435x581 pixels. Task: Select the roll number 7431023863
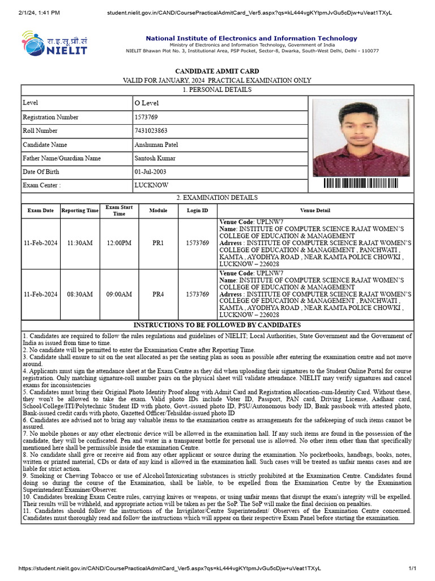pos(151,131)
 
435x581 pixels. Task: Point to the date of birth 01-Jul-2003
pos(150,172)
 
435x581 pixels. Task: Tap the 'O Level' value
pos(147,103)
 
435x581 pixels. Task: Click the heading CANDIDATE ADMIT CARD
pos(217,71)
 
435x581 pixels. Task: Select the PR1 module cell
pos(158,243)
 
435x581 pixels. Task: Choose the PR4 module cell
pos(158,294)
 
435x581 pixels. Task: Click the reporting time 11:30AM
pos(79,243)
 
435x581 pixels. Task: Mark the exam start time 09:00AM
pos(119,294)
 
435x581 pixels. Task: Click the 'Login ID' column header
pos(197,210)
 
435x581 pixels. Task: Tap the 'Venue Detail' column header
pos(315,210)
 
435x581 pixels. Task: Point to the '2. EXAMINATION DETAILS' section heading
pos(217,198)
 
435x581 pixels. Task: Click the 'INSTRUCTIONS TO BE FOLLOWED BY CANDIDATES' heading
pos(217,325)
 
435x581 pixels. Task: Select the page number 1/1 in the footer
pos(412,568)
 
